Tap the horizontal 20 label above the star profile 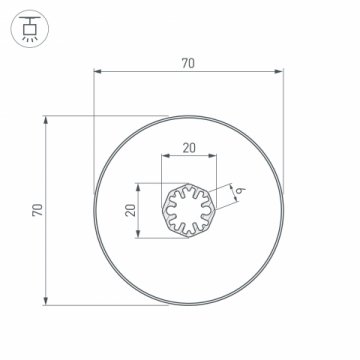click(x=188, y=147)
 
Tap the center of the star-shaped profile click(x=188, y=211)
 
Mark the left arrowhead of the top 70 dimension click(x=97, y=71)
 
